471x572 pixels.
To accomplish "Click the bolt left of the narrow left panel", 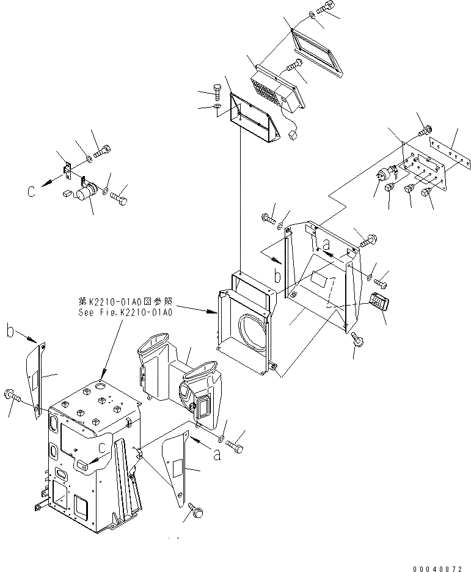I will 13,397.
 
